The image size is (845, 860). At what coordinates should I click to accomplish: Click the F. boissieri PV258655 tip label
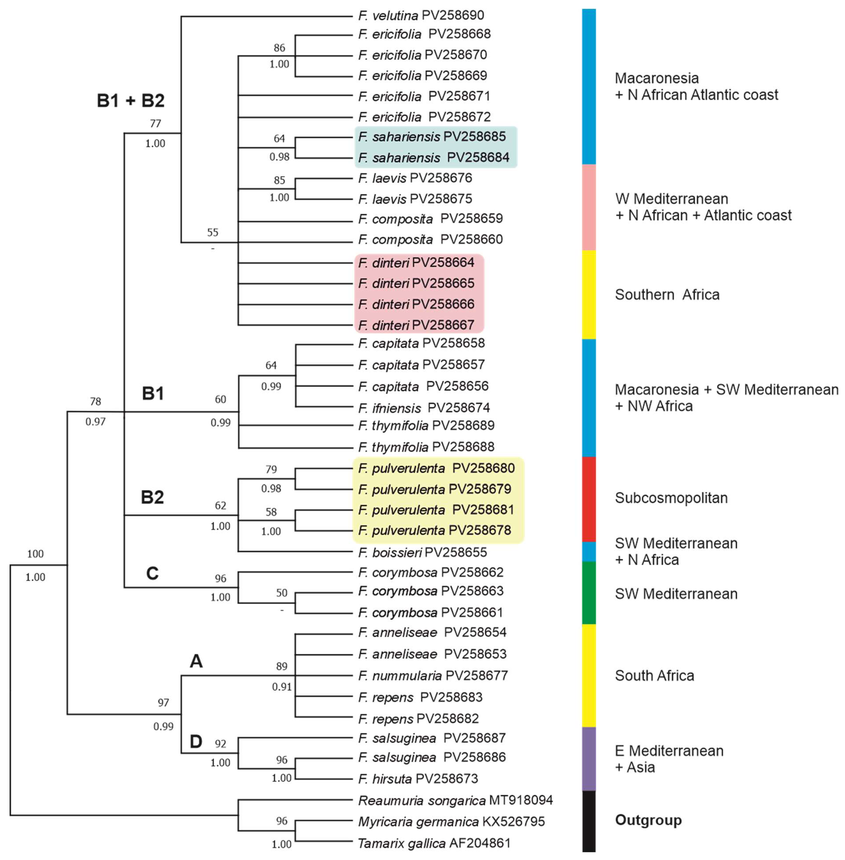[x=422, y=552]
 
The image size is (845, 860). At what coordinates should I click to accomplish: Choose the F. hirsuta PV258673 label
[x=418, y=778]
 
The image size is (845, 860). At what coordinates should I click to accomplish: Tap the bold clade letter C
[x=152, y=573]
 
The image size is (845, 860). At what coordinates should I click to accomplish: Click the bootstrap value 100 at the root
[x=35, y=554]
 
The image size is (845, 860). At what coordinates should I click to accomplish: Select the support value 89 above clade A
[x=282, y=666]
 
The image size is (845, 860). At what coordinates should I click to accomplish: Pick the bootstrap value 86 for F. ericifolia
[x=279, y=48]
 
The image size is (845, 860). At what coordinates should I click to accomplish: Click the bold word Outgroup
[x=648, y=820]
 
